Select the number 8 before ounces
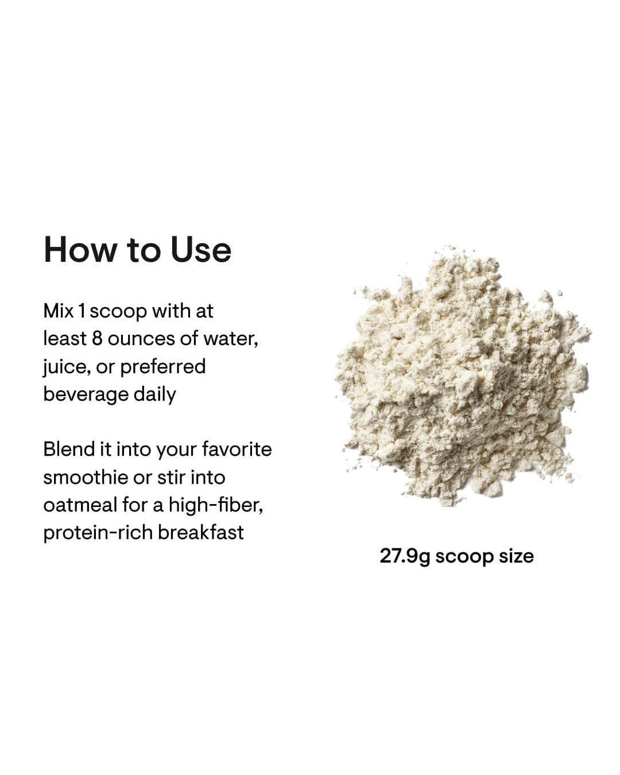[x=97, y=339]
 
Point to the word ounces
[x=141, y=339]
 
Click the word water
[x=230, y=339]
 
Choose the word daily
[x=154, y=394]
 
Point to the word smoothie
[x=86, y=477]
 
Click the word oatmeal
[x=80, y=505]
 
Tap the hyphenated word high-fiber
[x=216, y=505]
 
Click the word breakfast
[x=201, y=533]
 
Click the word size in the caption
[x=516, y=556]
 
